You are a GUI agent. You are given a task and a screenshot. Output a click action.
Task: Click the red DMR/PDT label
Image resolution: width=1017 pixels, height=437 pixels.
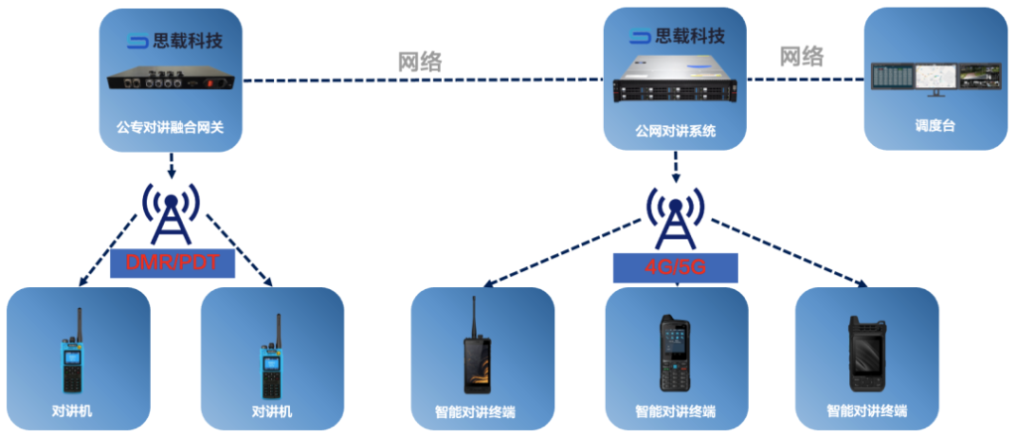pos(172,262)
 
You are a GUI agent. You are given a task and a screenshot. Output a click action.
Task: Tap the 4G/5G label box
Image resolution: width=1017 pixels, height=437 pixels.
pos(675,267)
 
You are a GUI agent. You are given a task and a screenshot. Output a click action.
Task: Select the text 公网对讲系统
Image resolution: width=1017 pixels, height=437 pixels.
pos(675,130)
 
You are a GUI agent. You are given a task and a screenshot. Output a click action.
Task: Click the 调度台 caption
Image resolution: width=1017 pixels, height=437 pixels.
pos(934,127)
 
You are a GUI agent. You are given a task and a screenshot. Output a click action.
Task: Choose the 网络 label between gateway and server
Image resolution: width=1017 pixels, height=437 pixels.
pos(419,62)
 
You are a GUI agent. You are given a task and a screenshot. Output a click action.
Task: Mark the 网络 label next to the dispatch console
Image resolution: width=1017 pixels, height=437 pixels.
pos(800,57)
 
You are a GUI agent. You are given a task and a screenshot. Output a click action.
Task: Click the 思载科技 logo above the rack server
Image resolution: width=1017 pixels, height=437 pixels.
pos(675,38)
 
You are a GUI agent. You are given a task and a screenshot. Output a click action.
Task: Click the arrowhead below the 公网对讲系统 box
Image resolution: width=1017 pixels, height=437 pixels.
pos(675,179)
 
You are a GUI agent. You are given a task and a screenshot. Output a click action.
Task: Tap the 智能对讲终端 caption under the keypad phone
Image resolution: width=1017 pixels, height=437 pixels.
pos(675,411)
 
